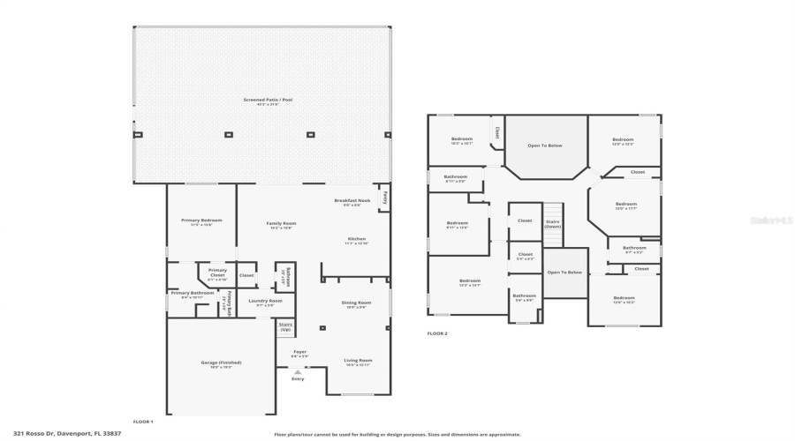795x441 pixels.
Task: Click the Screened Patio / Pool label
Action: (x=268, y=101)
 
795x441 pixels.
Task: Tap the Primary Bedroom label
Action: (x=201, y=220)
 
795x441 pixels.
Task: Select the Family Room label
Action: (x=281, y=224)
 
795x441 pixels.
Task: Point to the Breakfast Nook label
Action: (x=351, y=202)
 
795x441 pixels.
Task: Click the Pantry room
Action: (x=384, y=198)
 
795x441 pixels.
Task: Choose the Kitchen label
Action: (x=356, y=240)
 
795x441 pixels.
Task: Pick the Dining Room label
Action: (x=356, y=303)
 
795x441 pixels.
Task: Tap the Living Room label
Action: (x=358, y=361)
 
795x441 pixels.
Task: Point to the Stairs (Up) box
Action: (x=285, y=326)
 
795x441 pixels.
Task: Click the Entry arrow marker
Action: (x=298, y=372)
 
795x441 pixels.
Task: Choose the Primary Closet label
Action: (x=217, y=273)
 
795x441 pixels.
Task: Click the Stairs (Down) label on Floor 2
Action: (x=552, y=223)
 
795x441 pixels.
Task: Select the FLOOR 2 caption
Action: (x=437, y=333)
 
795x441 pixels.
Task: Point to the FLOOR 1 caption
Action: (x=143, y=422)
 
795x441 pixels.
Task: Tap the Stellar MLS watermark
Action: (x=771, y=220)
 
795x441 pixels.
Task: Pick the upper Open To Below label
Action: (x=545, y=146)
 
